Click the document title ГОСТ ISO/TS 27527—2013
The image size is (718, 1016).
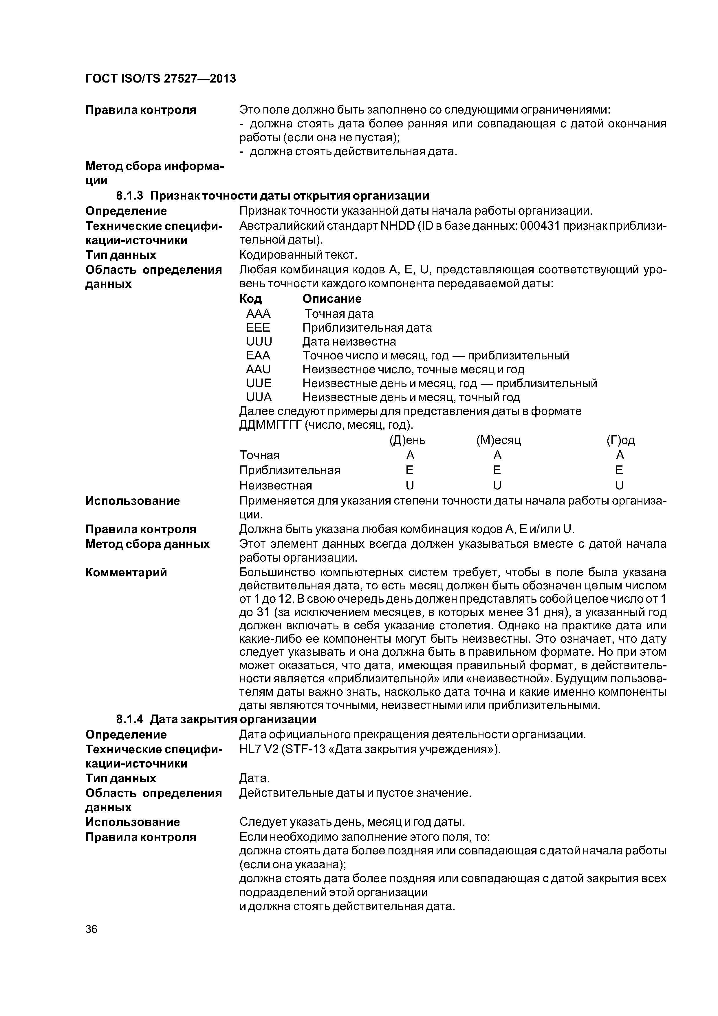point(161,79)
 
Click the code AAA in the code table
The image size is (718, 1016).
point(258,314)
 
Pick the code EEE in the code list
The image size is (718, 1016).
point(258,328)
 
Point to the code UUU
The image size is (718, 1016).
point(259,342)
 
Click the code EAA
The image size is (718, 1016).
point(258,355)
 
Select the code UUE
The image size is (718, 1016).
point(259,383)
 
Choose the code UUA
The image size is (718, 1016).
point(259,397)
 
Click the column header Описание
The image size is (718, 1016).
point(332,299)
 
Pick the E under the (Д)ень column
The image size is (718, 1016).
point(410,470)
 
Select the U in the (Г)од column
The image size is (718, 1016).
point(619,485)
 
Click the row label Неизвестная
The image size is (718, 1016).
point(276,485)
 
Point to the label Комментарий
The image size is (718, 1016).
point(126,572)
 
